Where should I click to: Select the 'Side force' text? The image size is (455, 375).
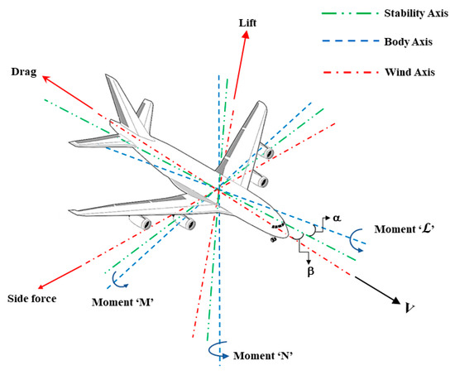pyautogui.click(x=31, y=298)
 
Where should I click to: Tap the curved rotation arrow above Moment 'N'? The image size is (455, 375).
pyautogui.click(x=217, y=351)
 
